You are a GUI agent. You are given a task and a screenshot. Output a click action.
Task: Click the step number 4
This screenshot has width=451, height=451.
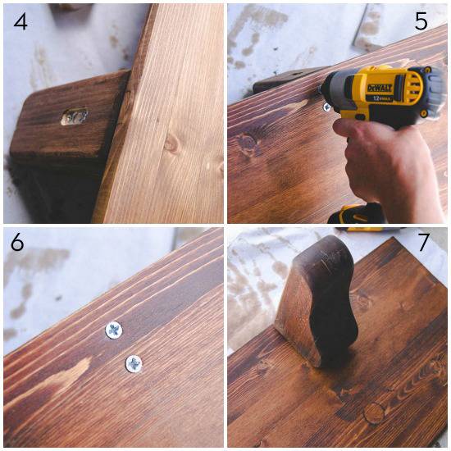[x=20, y=21]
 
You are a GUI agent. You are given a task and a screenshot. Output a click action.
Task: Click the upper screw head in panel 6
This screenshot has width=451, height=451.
[x=113, y=330]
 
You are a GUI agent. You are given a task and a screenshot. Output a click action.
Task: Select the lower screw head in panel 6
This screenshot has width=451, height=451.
[x=132, y=362]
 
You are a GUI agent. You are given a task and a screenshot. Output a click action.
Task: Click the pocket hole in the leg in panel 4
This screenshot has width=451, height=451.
[x=74, y=117]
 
